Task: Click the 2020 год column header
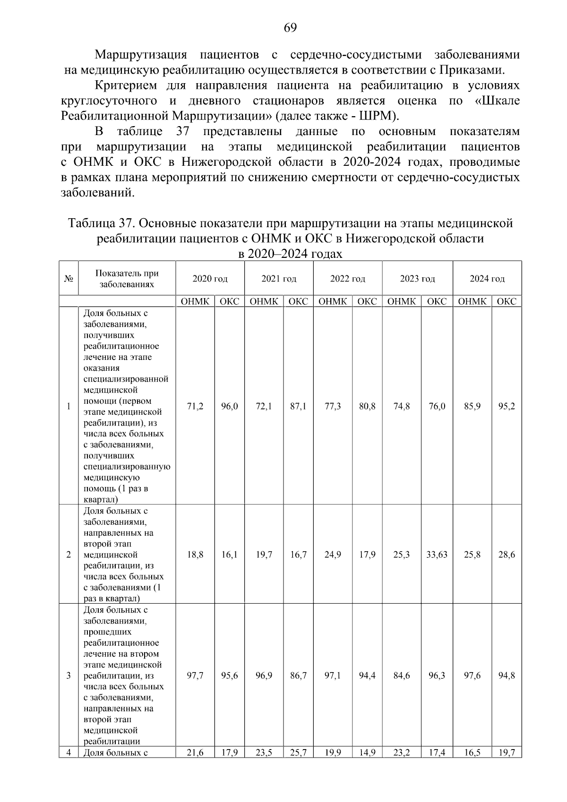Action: click(x=210, y=279)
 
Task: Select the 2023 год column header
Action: click(x=417, y=279)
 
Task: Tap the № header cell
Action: click(x=69, y=279)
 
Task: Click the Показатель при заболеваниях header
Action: click(x=127, y=279)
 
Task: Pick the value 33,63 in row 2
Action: click(x=437, y=555)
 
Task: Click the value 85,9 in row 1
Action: click(x=472, y=406)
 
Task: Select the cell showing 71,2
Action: click(x=195, y=406)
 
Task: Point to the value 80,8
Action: click(x=367, y=406)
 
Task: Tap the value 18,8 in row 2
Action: click(x=195, y=555)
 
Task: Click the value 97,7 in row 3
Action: click(x=195, y=676)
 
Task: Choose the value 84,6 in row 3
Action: click(x=402, y=676)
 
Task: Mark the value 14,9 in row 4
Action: click(x=367, y=753)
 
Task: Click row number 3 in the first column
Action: click(x=69, y=676)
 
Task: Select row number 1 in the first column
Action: click(x=69, y=406)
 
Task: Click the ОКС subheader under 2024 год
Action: click(x=507, y=301)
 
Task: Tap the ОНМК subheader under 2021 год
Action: click(x=264, y=301)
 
